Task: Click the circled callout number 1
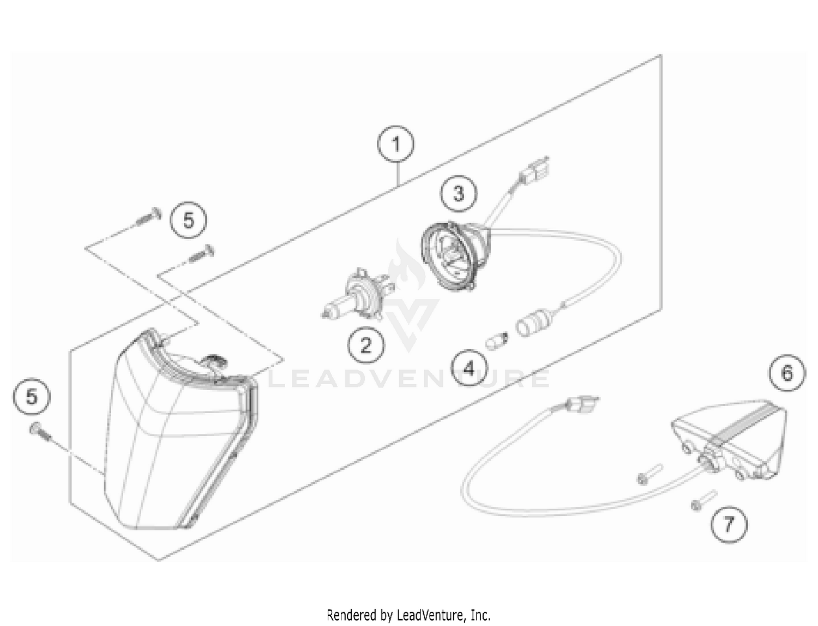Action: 396,145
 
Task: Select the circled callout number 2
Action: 365,344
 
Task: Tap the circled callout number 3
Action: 459,193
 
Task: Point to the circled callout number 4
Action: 469,368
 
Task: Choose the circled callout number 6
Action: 787,373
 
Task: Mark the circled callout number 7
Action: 729,525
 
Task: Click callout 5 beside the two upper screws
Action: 188,220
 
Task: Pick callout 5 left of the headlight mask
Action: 32,396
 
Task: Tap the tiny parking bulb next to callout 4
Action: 497,341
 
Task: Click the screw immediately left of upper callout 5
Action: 147,216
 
